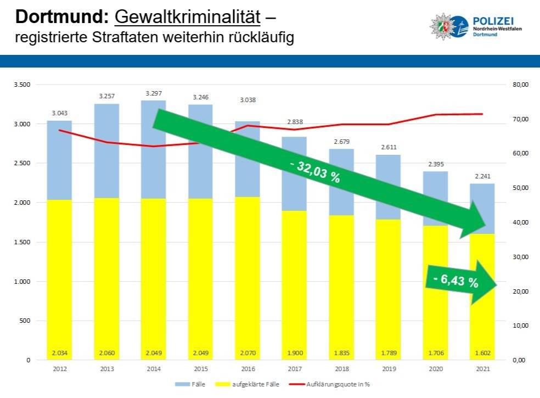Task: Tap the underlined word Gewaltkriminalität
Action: tap(187, 18)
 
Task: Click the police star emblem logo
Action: tap(447, 27)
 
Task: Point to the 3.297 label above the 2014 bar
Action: tap(153, 93)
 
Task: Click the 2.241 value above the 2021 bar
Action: tap(482, 176)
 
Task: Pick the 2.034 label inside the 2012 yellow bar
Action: tap(59, 352)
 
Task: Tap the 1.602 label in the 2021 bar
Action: tap(482, 352)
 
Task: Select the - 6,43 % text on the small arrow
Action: tap(455, 281)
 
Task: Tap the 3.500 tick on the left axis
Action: tap(22, 85)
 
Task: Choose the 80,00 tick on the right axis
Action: tap(519, 85)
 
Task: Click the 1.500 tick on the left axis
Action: tap(22, 242)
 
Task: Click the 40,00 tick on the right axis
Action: tap(519, 222)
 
